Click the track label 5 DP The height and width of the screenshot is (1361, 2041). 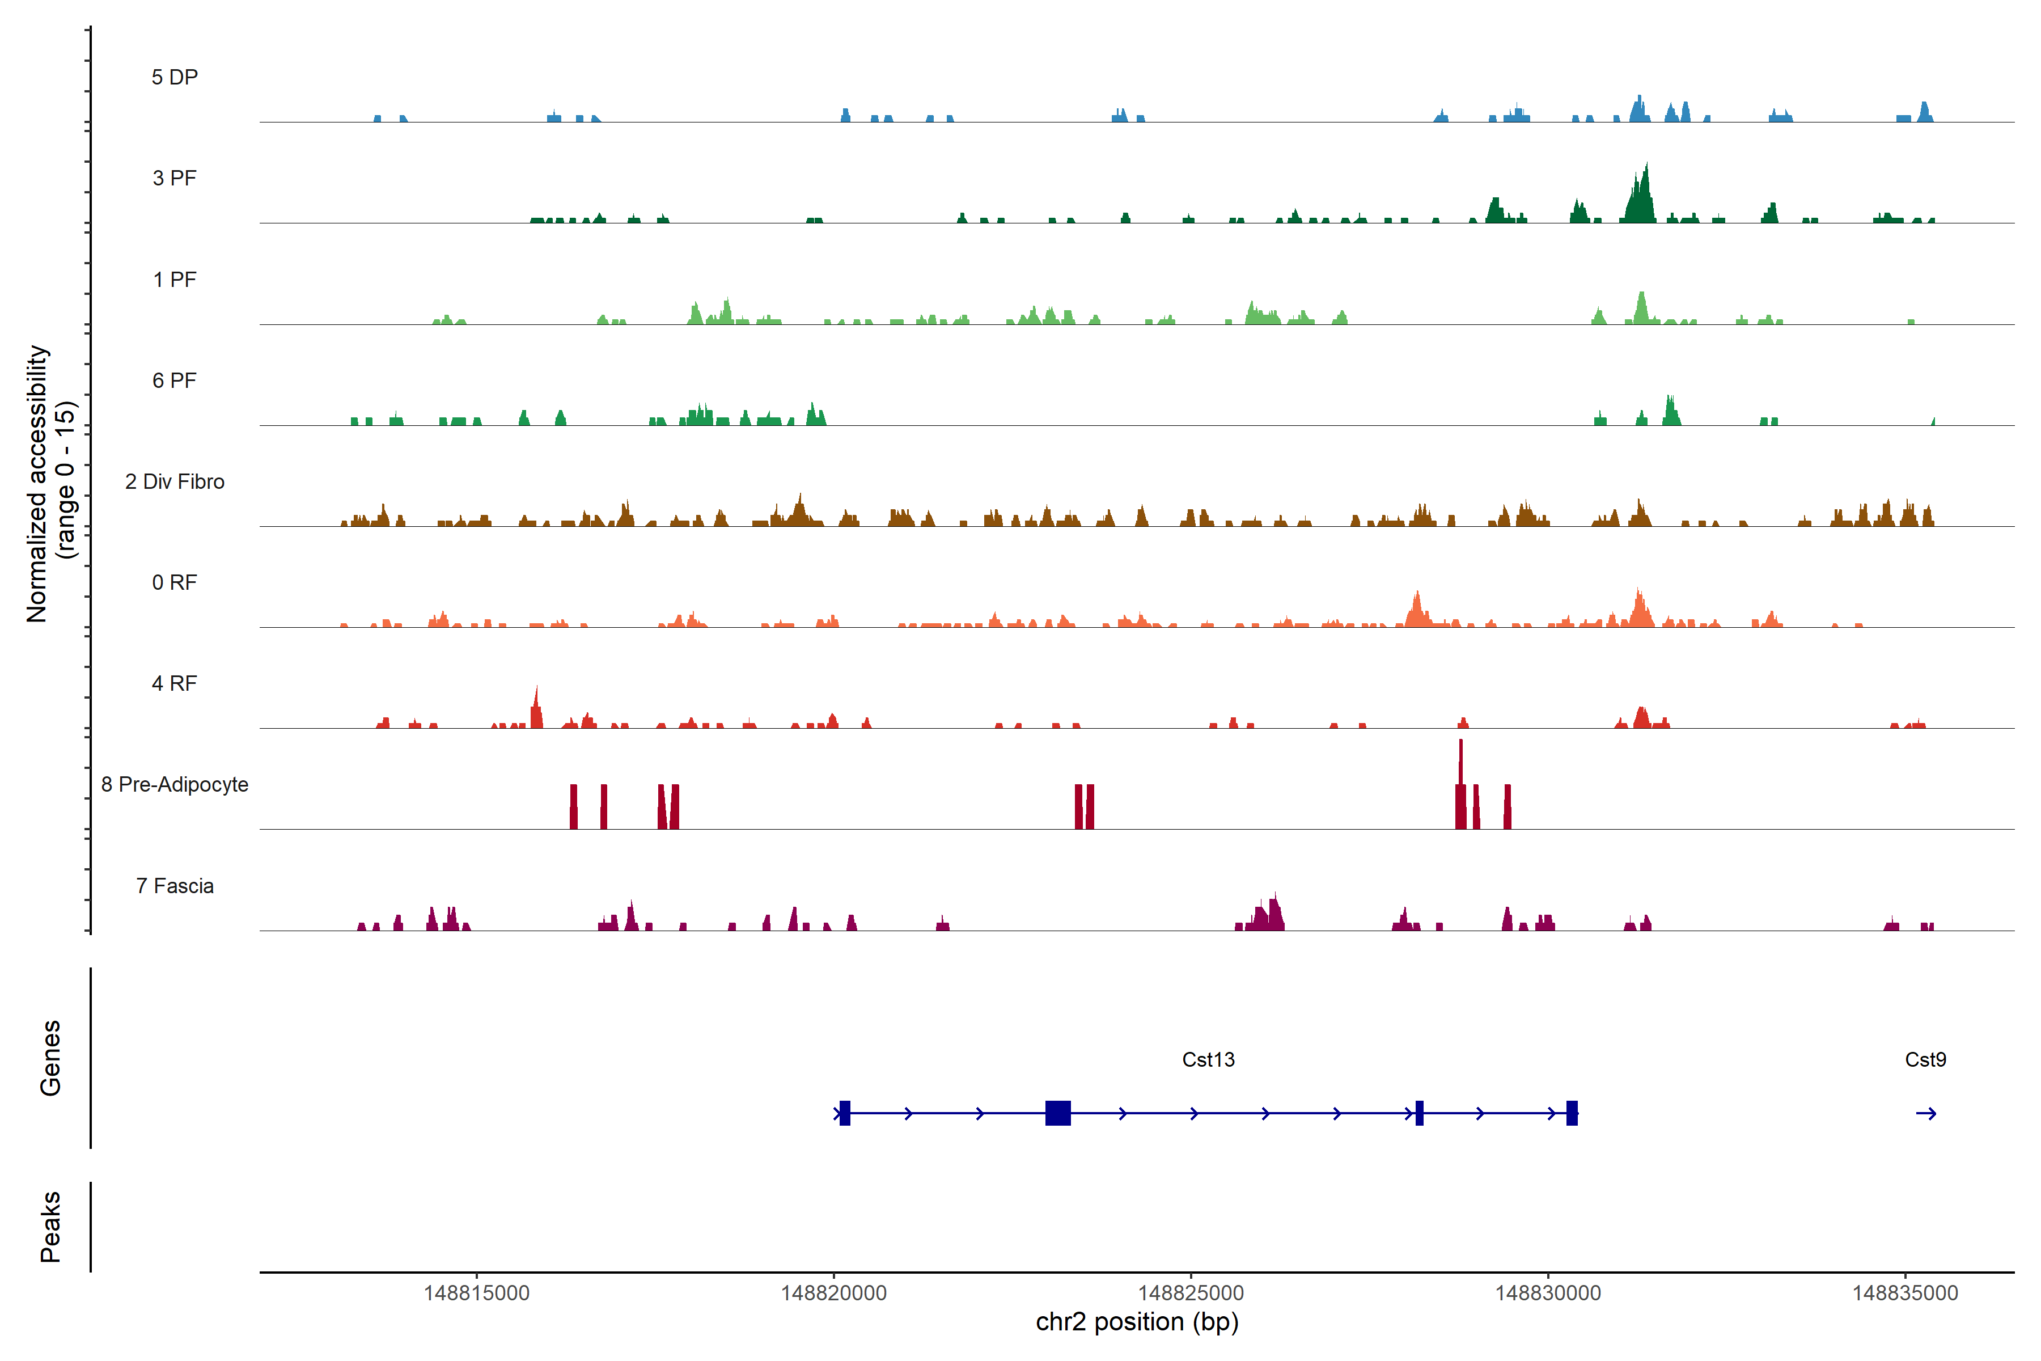[x=175, y=77]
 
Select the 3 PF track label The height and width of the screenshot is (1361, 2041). [x=175, y=178]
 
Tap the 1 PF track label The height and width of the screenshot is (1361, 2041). [x=175, y=280]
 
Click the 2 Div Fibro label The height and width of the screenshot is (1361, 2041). [x=175, y=481]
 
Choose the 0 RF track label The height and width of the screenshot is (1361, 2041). [x=175, y=582]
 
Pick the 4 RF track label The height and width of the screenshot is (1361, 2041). [x=175, y=683]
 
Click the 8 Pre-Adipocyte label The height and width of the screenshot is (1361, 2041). [x=175, y=785]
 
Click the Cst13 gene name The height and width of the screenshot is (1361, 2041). [x=1208, y=1060]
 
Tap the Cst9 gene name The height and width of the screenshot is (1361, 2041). [x=1925, y=1060]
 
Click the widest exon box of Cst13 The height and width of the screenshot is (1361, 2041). [x=1058, y=1113]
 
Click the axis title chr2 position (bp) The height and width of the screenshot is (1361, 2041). [x=1137, y=1322]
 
